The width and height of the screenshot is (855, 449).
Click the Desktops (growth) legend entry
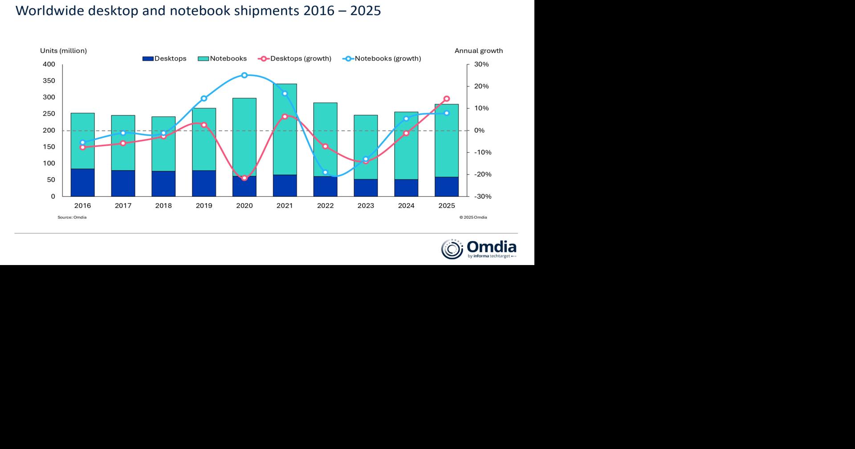(x=300, y=59)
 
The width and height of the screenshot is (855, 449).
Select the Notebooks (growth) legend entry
(x=387, y=59)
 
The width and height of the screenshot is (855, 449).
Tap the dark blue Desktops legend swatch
(x=148, y=59)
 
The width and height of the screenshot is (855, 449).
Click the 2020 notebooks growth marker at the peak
(x=244, y=75)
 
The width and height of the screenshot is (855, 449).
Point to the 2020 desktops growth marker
(x=244, y=178)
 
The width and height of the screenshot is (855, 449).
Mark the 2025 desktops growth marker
(x=447, y=99)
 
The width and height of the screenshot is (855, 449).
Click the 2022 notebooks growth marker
(x=325, y=172)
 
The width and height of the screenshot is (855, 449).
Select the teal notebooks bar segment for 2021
(x=285, y=129)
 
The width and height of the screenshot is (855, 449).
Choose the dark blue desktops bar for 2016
(x=83, y=183)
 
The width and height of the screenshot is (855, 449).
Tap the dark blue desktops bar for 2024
(x=406, y=188)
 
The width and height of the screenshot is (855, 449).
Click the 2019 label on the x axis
(x=204, y=206)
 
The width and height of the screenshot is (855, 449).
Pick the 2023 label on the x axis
(x=366, y=206)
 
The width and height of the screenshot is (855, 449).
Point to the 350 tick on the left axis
(x=49, y=81)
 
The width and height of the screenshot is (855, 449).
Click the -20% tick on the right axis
(x=482, y=175)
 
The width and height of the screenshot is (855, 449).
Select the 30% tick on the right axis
(x=481, y=65)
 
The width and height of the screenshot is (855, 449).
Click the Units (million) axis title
(x=63, y=51)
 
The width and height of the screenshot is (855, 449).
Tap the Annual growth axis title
(x=479, y=51)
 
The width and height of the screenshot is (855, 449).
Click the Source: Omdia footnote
(x=72, y=217)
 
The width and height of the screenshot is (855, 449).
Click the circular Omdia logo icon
(x=452, y=249)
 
